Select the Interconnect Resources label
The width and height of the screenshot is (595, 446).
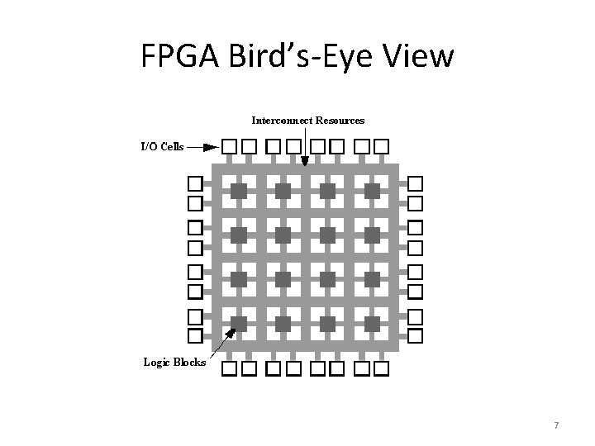coord(307,121)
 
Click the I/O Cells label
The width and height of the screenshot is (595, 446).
coord(161,147)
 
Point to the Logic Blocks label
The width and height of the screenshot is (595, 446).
coord(174,362)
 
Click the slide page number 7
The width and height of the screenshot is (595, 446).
coord(556,425)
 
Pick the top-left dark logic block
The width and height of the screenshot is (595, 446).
coord(238,192)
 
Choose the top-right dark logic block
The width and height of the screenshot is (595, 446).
coord(372,192)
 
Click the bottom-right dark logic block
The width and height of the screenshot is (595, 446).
coord(372,323)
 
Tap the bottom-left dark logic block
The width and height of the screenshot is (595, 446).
coord(238,323)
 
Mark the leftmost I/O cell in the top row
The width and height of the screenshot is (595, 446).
coord(228,147)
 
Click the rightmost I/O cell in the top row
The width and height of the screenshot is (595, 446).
coord(381,147)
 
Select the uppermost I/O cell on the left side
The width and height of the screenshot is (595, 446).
coord(195,183)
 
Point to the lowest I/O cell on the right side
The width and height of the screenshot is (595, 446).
coord(416,335)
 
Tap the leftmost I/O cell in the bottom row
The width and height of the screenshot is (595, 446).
coord(229,368)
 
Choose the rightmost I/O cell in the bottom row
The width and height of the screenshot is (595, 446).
coord(381,368)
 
